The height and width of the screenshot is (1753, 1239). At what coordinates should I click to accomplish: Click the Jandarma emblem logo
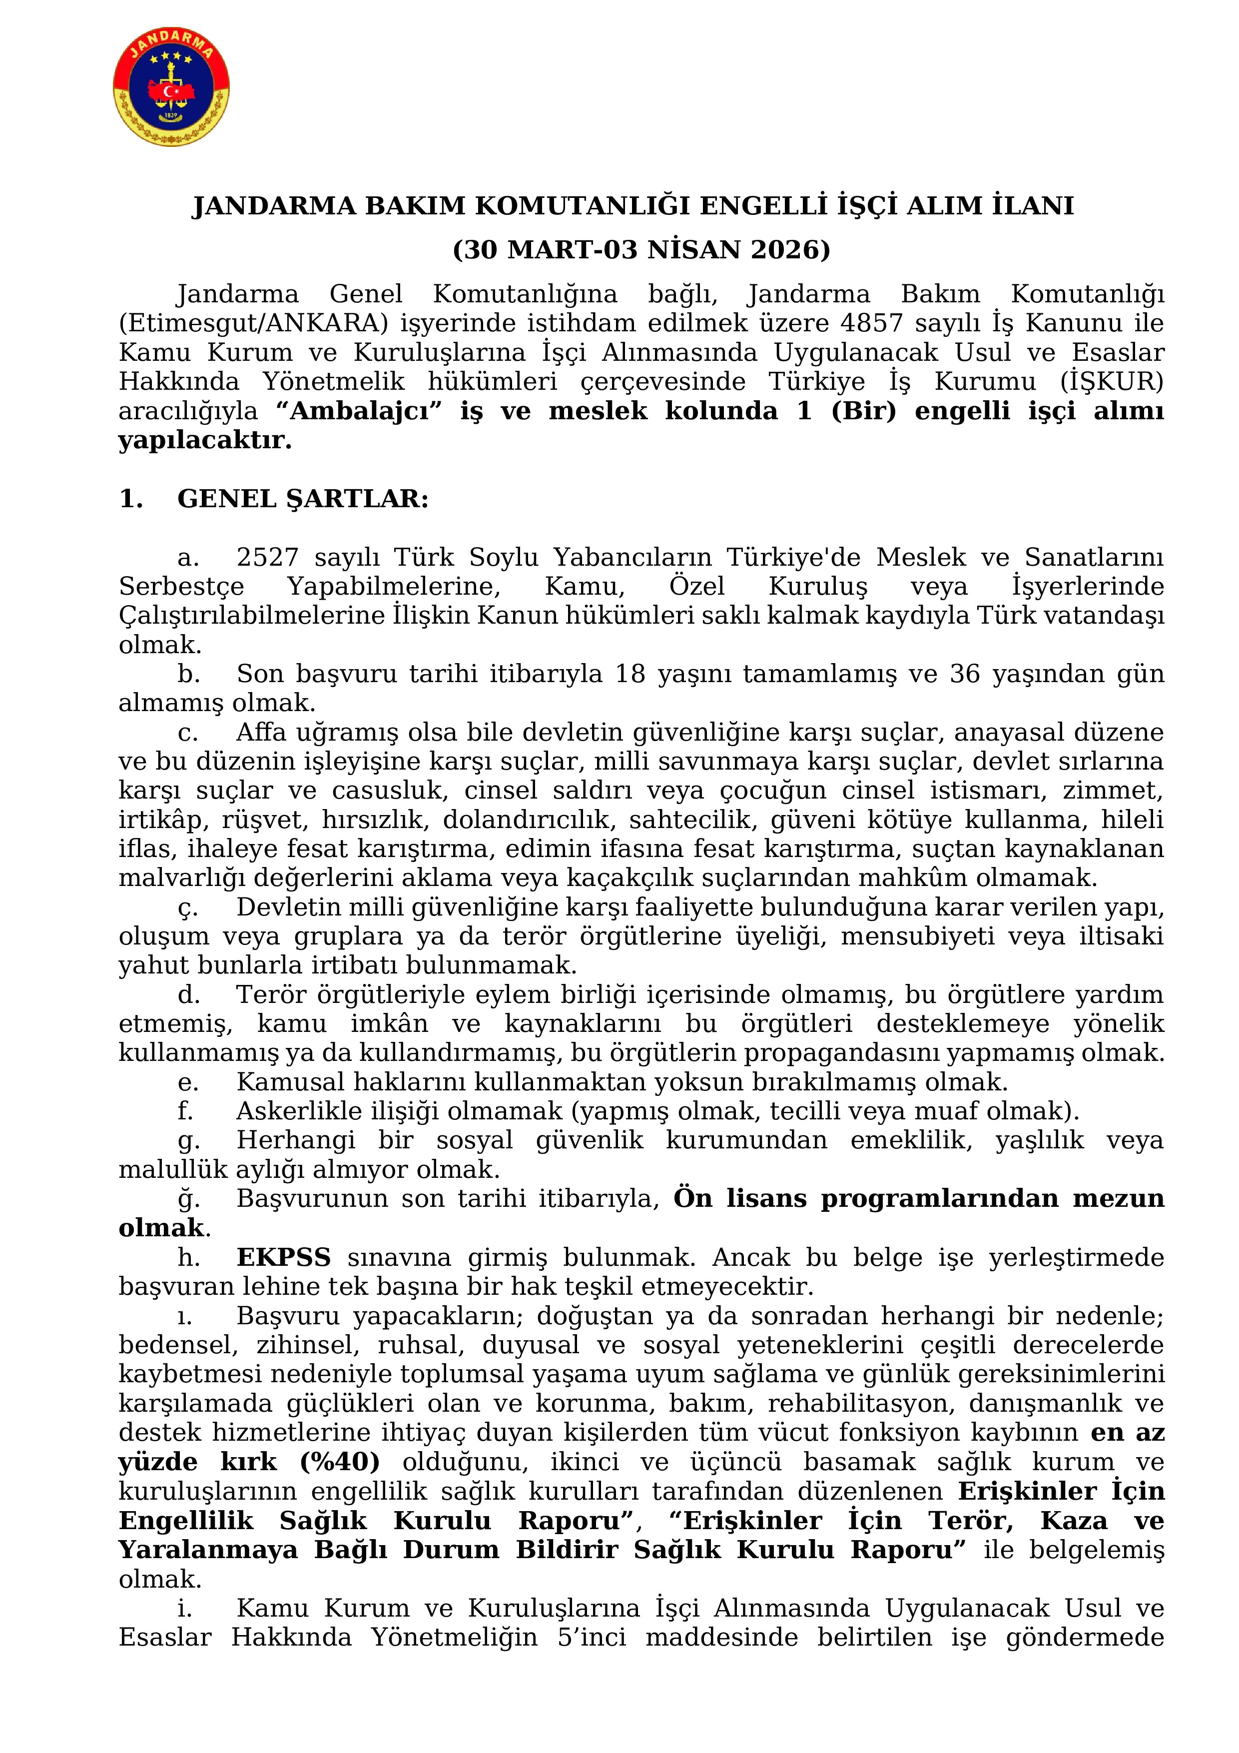pyautogui.click(x=172, y=88)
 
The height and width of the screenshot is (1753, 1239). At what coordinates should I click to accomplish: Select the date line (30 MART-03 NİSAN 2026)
pyautogui.click(x=641, y=250)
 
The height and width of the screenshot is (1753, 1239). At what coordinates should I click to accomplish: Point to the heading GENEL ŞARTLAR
pyautogui.click(x=302, y=499)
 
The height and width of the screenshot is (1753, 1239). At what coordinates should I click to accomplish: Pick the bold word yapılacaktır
pyautogui.click(x=205, y=441)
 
